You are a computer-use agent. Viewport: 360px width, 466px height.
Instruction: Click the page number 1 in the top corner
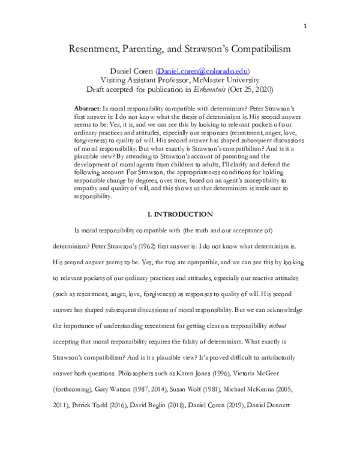(305, 26)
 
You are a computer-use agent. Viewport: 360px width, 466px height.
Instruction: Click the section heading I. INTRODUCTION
(179, 214)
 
